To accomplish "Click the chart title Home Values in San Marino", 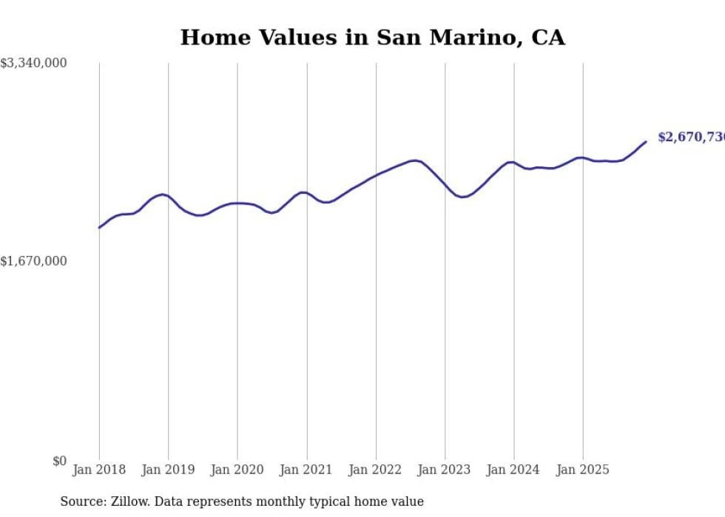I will (372, 38).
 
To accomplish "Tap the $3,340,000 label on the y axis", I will (34, 64).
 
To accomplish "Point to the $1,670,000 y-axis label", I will (34, 261).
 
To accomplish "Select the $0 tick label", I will (59, 461).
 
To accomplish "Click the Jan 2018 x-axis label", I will (99, 470).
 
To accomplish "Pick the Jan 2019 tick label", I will (168, 470).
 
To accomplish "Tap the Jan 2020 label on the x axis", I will (237, 470).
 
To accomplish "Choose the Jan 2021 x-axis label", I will (306, 470).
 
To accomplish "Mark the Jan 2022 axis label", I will (376, 470).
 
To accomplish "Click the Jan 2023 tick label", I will (445, 470).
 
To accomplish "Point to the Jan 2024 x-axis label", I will (514, 470).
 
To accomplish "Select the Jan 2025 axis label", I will (583, 470).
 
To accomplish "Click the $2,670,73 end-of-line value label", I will (690, 138).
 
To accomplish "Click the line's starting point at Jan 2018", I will (99, 228).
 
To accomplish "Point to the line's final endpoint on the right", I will (646, 141).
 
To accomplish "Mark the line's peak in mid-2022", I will (415, 160).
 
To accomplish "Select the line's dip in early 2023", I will (462, 197).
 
